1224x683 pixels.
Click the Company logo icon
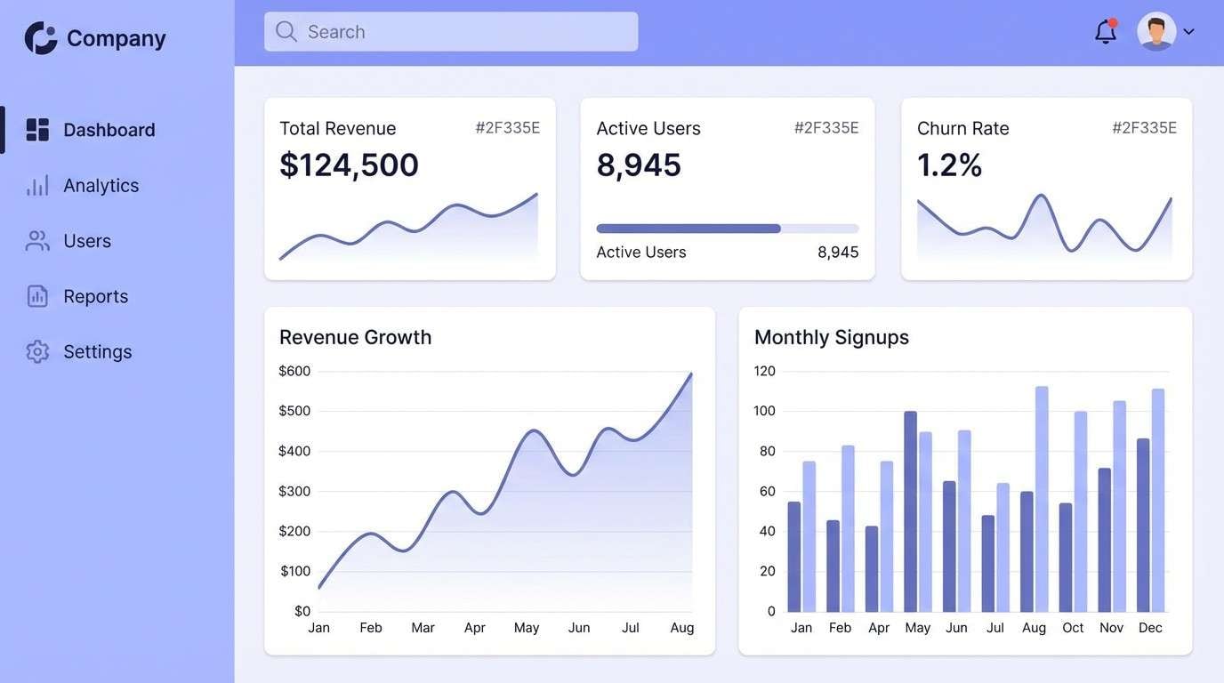tap(41, 38)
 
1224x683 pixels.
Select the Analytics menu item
tap(101, 185)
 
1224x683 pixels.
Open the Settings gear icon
tap(37, 351)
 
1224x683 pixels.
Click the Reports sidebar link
tap(95, 296)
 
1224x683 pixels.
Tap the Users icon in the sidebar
tap(37, 241)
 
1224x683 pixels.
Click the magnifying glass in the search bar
tap(286, 32)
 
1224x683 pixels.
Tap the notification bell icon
tap(1105, 32)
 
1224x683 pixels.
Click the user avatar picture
tap(1156, 32)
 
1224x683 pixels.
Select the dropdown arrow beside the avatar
tap(1188, 32)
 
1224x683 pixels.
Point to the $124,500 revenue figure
tap(349, 165)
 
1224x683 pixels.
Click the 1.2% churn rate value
tap(949, 165)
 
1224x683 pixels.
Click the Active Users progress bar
tap(727, 229)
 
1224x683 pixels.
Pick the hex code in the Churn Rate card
tap(1144, 128)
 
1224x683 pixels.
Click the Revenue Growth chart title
tap(355, 337)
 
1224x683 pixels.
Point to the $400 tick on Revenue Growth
tap(294, 451)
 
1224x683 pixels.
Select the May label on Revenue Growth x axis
tap(527, 628)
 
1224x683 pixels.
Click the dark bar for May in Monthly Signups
tap(910, 511)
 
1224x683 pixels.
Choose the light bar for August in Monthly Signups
tap(1042, 499)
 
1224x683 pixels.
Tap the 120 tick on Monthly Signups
tap(765, 371)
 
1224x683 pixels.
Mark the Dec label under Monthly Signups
tap(1150, 628)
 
